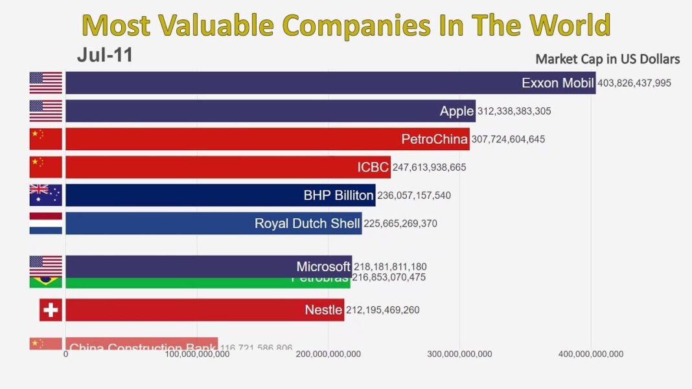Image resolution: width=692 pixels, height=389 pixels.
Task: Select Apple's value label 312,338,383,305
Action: (514, 111)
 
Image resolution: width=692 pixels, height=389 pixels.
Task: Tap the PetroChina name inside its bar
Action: (434, 139)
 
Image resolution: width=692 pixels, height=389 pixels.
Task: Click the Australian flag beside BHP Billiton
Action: (45, 195)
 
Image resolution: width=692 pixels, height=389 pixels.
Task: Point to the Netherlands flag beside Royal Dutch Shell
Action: (45, 223)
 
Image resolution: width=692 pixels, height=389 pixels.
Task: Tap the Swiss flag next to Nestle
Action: (50, 310)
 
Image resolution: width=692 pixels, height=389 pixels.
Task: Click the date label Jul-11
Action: (104, 55)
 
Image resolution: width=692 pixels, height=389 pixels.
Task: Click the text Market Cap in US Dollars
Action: (607, 59)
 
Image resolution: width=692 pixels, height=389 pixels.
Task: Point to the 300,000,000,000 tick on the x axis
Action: (459, 354)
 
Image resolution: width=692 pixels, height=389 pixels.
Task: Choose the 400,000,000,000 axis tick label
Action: (591, 354)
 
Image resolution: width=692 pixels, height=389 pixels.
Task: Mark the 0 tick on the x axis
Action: (65, 354)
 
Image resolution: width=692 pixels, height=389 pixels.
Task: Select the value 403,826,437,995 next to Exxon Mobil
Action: (634, 83)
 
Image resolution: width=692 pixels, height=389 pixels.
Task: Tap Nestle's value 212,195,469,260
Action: (382, 310)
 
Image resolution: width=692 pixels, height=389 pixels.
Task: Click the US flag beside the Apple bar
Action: (45, 111)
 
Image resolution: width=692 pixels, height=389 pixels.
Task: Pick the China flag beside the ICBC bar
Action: (45, 167)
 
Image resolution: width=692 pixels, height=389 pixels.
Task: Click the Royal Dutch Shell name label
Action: (307, 223)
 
